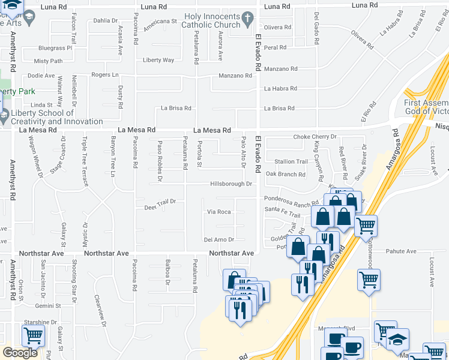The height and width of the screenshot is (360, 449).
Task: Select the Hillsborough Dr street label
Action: click(x=231, y=184)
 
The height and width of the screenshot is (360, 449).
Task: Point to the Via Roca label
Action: click(x=219, y=212)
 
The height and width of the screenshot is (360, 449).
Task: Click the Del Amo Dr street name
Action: click(x=218, y=239)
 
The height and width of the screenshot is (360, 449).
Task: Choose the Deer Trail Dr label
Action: click(x=160, y=202)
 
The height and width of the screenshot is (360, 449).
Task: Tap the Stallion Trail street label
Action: click(x=291, y=161)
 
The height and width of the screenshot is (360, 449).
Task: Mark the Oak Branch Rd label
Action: click(x=285, y=175)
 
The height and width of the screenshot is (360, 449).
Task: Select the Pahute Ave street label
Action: click(x=401, y=251)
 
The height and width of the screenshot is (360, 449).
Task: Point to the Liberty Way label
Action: click(x=158, y=60)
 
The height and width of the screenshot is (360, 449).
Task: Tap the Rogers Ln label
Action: click(x=105, y=74)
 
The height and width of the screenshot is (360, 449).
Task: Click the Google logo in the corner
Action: click(x=20, y=352)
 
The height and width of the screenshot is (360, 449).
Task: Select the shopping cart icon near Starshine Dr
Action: click(x=32, y=335)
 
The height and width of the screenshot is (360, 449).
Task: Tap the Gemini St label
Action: click(x=48, y=305)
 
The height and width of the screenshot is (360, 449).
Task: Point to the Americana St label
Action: click(x=161, y=21)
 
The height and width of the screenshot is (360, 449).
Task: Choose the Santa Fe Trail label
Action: click(x=282, y=213)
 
